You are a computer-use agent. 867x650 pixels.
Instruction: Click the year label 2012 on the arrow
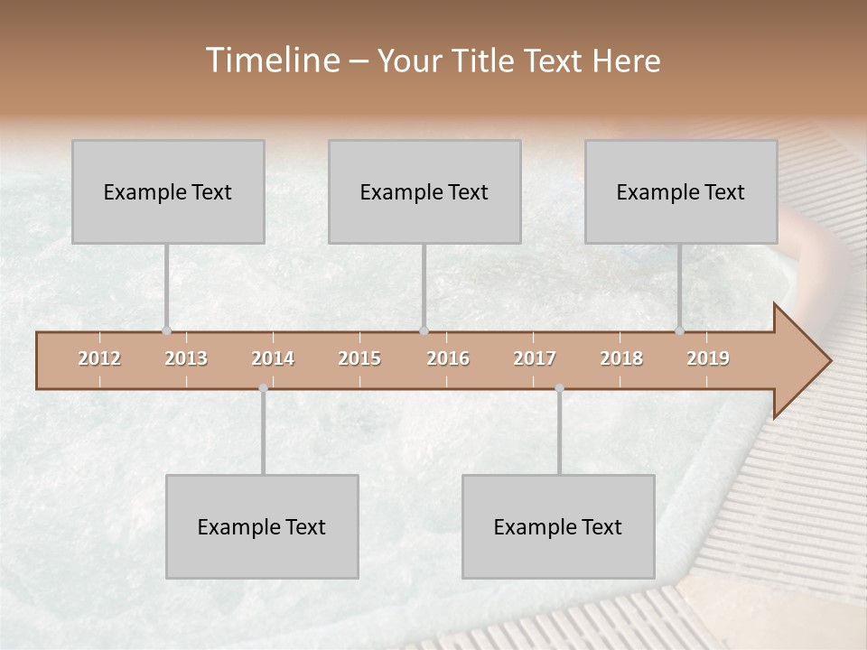click(x=99, y=358)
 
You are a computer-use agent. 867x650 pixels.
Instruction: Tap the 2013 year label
click(x=186, y=358)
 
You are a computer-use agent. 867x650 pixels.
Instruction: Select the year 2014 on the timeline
click(x=273, y=358)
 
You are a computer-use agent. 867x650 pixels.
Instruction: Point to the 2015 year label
click(x=359, y=358)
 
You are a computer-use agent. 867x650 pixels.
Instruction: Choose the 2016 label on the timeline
click(x=448, y=358)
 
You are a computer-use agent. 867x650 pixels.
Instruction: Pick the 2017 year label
click(x=535, y=358)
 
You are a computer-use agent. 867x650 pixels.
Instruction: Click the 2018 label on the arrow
click(x=621, y=358)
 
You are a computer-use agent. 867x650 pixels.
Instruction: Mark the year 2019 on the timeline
click(x=708, y=358)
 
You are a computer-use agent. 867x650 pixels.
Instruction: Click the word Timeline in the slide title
click(x=271, y=60)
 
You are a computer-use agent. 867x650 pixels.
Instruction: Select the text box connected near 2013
click(x=168, y=191)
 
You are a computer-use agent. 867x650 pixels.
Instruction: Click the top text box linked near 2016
click(x=424, y=191)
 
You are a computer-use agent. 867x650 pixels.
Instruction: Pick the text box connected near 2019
click(x=681, y=191)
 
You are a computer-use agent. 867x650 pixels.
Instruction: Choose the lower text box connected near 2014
click(x=262, y=526)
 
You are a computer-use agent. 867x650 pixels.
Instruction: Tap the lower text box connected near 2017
click(x=558, y=526)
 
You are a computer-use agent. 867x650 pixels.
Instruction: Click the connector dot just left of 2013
click(x=166, y=330)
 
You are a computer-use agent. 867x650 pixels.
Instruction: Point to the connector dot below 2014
click(x=263, y=388)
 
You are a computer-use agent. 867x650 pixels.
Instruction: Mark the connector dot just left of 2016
click(x=424, y=330)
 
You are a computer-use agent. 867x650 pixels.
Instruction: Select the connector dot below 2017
click(x=559, y=388)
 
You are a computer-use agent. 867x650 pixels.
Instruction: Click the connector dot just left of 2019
click(x=679, y=330)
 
